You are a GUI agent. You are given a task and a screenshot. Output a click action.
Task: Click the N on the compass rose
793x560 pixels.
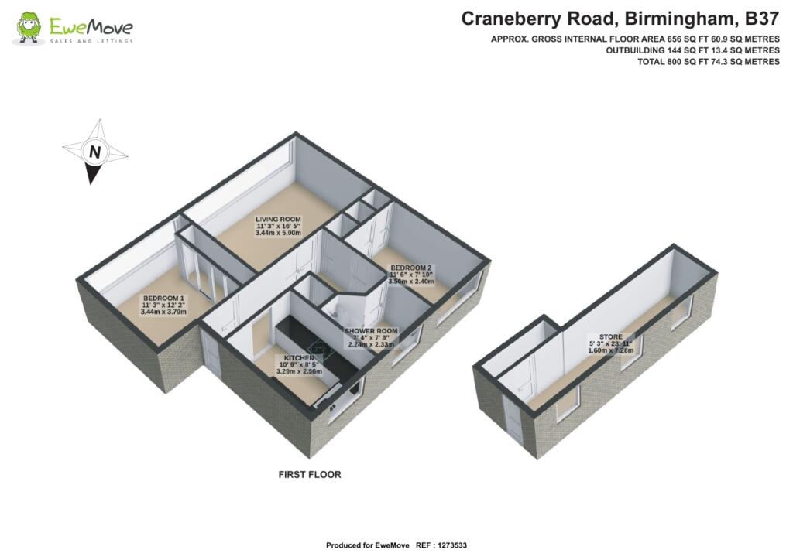[x=94, y=152]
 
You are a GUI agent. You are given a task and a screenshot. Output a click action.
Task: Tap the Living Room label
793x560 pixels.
[x=278, y=219]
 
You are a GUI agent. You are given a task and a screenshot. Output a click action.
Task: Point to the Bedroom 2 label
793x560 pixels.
[x=411, y=268]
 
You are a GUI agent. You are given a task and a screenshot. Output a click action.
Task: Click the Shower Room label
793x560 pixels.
[x=376, y=331]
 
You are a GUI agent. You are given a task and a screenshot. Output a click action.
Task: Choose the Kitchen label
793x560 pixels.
[x=299, y=359]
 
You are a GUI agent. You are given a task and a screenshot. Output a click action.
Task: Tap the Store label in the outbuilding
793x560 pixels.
[x=597, y=337]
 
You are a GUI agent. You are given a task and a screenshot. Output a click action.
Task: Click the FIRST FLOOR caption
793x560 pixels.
[x=310, y=474]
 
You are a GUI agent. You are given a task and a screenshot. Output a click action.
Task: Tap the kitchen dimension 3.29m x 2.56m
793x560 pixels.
[x=299, y=372]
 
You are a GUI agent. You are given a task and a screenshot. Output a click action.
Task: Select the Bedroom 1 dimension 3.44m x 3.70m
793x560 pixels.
[x=163, y=312]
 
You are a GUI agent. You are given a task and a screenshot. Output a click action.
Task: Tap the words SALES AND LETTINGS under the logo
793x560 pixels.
[x=91, y=40]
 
